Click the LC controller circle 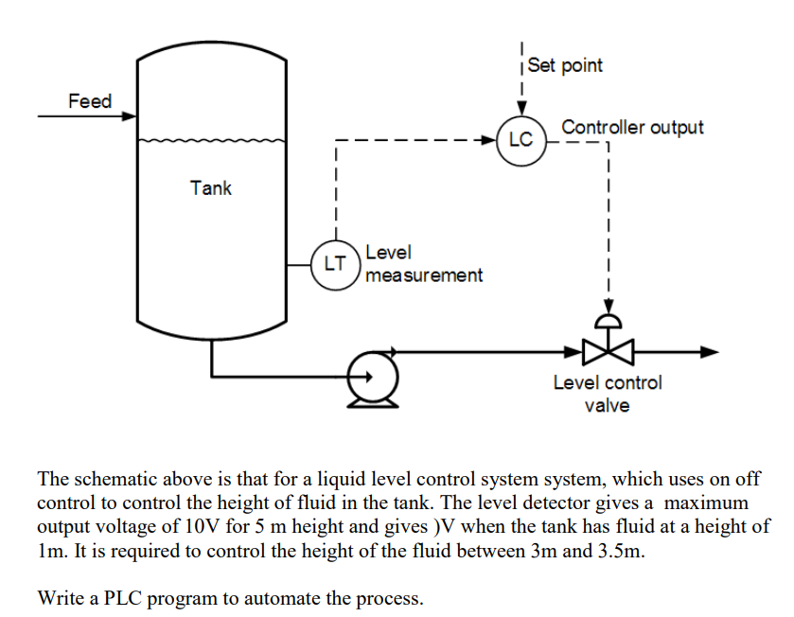521,140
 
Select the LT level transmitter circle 335,264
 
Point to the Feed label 89,101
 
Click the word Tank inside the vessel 210,187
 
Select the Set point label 565,65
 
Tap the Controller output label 632,127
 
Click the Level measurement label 423,264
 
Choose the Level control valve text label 608,394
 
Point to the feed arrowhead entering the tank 131,116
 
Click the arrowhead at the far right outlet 710,352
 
